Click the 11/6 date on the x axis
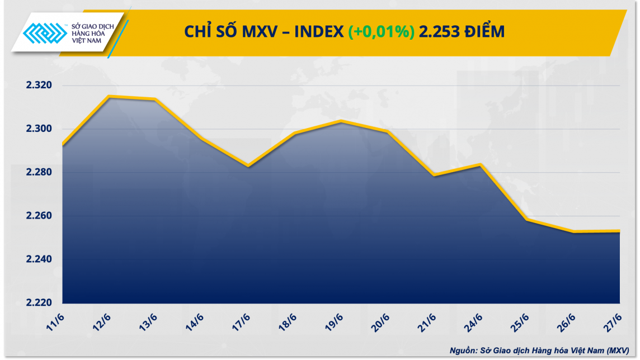[x=55, y=323]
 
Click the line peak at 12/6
[x=109, y=97]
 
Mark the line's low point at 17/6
[x=248, y=165]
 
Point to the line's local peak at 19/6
[x=341, y=121]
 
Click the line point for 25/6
[x=526, y=220]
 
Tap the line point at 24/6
[x=480, y=164]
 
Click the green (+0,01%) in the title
[x=381, y=32]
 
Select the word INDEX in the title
[x=319, y=32]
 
